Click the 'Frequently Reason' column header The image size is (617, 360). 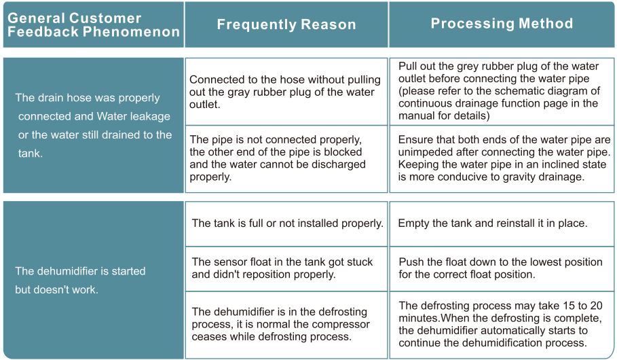pos(286,25)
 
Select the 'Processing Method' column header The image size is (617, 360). pos(502,24)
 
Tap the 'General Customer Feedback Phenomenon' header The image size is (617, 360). pos(94,25)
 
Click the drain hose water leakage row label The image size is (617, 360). pos(94,126)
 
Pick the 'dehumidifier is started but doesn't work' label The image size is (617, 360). pos(80,280)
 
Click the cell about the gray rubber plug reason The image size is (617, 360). pos(285,92)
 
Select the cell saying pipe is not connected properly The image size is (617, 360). pos(285,158)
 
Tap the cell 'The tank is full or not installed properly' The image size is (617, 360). pos(287,223)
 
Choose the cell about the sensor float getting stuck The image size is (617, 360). pos(282,268)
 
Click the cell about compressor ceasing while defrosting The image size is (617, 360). pos(281,324)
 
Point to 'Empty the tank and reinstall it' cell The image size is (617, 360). pos(492,223)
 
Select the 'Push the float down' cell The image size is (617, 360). pos(500,268)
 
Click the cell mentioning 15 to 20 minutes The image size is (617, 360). pos(500,324)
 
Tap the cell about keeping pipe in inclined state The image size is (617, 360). pos(504,158)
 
